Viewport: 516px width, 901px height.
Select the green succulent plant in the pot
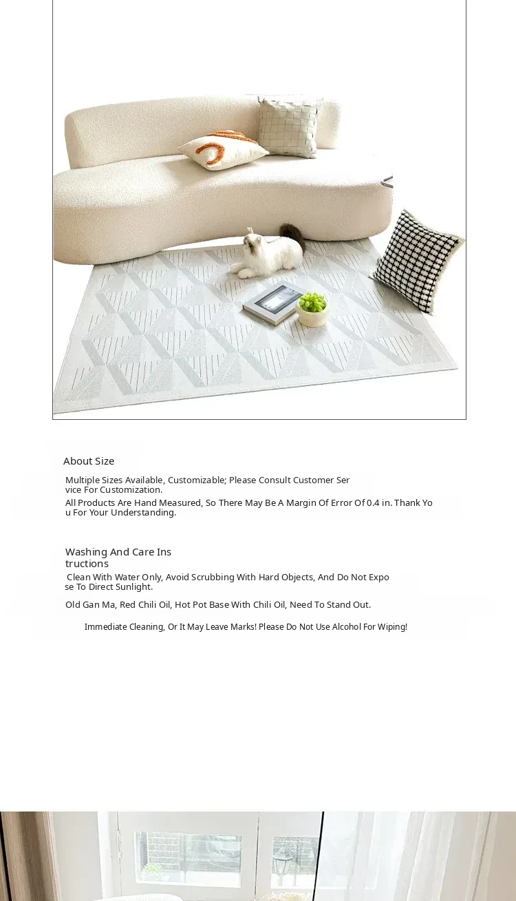(x=312, y=301)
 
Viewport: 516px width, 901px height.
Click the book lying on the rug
(x=272, y=302)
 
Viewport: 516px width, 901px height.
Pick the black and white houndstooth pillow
(x=417, y=262)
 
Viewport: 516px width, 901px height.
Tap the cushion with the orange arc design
(x=222, y=149)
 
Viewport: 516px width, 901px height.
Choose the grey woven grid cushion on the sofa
(x=289, y=126)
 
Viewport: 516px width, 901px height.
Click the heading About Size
(x=89, y=461)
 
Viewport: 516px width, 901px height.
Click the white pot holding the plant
(x=312, y=317)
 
